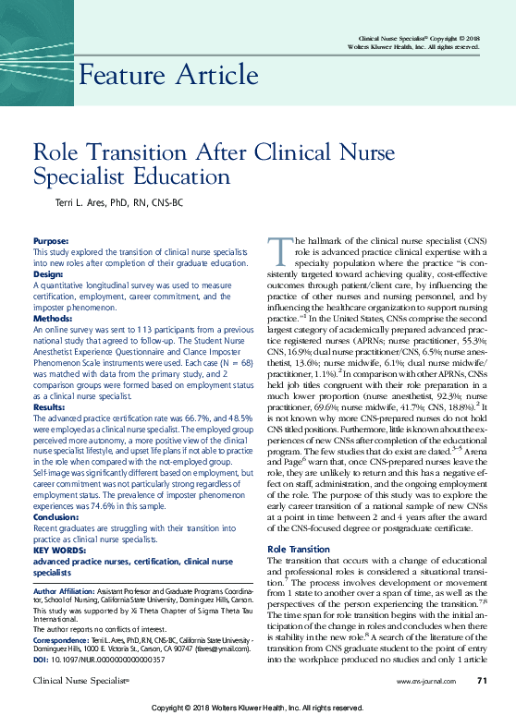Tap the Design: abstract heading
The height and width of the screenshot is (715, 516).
point(49,274)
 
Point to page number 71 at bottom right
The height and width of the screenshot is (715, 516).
point(482,681)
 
